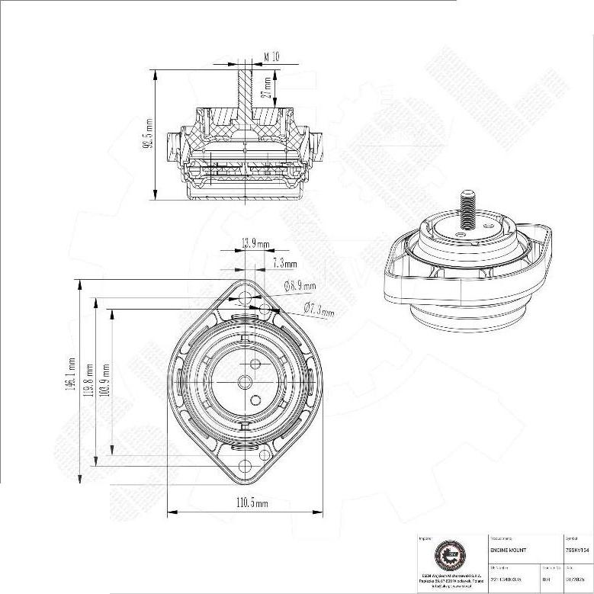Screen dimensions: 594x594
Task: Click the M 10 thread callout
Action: (271, 57)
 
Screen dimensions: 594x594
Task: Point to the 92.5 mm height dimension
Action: (149, 133)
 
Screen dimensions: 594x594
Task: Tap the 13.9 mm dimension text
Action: (255, 243)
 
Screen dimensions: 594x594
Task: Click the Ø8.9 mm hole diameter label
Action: (300, 286)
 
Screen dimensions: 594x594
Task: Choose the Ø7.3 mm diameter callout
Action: (319, 309)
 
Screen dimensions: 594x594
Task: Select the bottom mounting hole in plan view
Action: (245, 466)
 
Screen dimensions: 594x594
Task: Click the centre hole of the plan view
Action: (245, 380)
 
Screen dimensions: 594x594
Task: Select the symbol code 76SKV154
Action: (577, 550)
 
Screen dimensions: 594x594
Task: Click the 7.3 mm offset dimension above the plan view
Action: (284, 263)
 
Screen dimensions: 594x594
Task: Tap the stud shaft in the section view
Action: (244, 92)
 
